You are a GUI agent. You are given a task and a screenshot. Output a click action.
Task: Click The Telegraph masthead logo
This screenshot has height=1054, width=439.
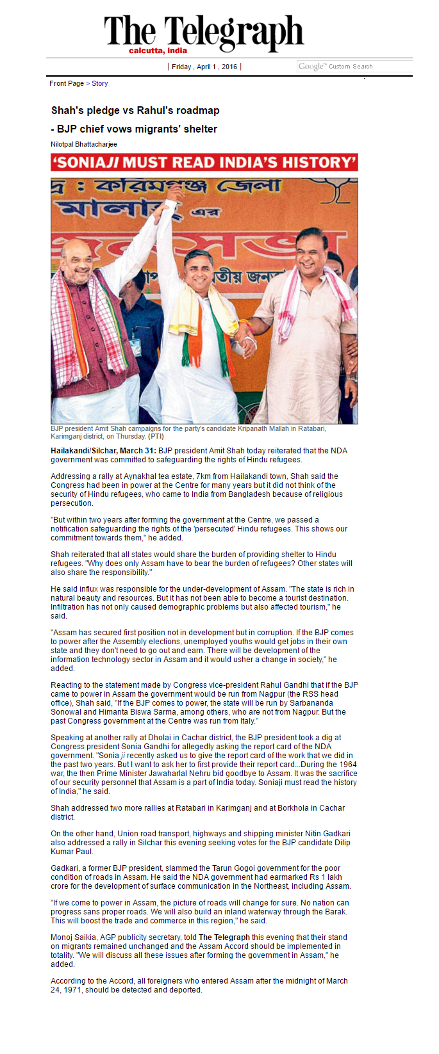pyautogui.click(x=204, y=33)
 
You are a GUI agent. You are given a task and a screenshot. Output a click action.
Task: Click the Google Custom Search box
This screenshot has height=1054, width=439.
pyautogui.click(x=354, y=67)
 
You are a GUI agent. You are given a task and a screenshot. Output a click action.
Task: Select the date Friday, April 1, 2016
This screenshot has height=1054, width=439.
pyautogui.click(x=204, y=67)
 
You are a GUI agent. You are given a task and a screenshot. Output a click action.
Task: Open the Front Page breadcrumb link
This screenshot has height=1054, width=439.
pyautogui.click(x=67, y=83)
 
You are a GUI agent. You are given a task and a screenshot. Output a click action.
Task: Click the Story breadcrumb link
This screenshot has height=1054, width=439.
pyautogui.click(x=100, y=83)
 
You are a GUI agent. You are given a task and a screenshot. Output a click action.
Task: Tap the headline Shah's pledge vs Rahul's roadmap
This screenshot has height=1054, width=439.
pyautogui.click(x=135, y=110)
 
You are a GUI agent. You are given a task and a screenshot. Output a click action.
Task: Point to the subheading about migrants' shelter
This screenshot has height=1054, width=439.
pyautogui.click(x=134, y=129)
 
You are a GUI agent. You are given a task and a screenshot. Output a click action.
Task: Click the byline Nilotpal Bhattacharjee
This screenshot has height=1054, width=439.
pyautogui.click(x=84, y=144)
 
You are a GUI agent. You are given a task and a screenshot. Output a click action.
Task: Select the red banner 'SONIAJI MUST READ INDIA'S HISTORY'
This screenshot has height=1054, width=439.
pyautogui.click(x=204, y=162)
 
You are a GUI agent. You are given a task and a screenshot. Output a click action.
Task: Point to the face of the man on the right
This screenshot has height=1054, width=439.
pyautogui.click(x=311, y=250)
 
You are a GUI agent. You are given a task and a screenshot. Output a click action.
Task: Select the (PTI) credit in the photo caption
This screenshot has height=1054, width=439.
pyautogui.click(x=156, y=436)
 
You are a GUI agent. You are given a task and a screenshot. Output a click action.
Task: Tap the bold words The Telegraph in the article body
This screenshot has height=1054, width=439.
pyautogui.click(x=224, y=937)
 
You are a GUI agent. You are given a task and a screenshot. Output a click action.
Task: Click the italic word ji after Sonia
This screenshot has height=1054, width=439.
pyautogui.click(x=123, y=756)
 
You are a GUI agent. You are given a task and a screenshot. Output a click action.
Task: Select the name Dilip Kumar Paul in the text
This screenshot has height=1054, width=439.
pyautogui.click(x=72, y=852)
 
